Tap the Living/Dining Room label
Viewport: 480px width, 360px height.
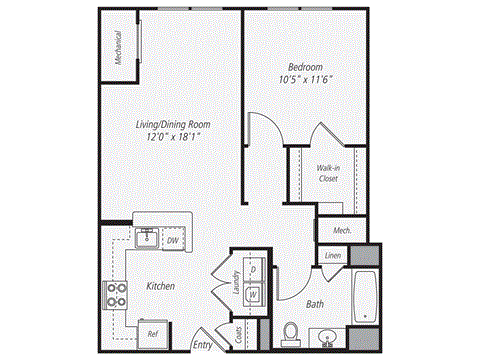173,124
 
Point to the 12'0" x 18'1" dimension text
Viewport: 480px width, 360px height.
173,138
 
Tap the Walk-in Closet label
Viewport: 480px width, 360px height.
327,173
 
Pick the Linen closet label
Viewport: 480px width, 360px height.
332,256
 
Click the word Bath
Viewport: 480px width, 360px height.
314,303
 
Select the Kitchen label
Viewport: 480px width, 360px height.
161,286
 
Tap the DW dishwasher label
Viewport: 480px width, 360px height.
172,240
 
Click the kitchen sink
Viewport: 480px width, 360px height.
146,238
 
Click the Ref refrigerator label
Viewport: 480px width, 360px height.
153,333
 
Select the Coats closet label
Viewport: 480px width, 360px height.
240,334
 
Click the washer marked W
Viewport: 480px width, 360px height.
254,295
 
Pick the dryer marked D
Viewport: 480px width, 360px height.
254,270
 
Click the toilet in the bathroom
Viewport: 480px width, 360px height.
292,331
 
